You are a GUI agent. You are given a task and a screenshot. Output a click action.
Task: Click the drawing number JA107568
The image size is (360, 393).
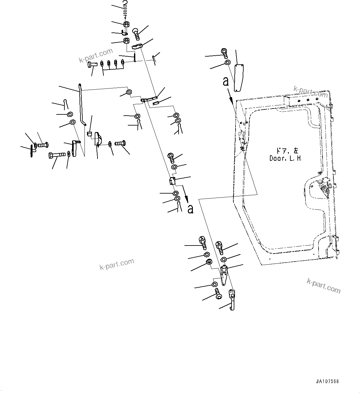point(327,381)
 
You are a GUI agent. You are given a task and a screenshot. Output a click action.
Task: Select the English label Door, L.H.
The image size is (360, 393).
point(285,158)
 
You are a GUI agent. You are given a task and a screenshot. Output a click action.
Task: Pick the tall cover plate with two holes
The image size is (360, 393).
point(238,77)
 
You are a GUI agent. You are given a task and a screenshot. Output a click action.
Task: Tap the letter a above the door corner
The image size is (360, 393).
point(226,82)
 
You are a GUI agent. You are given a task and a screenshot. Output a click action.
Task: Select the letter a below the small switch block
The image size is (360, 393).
point(190,209)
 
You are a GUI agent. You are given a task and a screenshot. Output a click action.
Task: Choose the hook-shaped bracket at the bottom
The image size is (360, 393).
point(232,299)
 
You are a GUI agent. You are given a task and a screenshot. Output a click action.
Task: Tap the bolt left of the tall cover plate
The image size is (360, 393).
point(224,53)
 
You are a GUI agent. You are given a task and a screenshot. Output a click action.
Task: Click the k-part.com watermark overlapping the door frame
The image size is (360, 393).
point(310,92)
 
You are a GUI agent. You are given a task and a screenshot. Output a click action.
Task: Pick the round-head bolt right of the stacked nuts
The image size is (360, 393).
point(136,33)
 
